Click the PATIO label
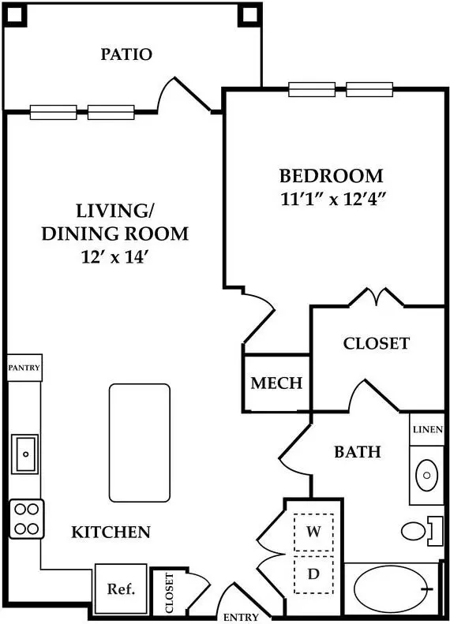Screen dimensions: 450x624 (x=126, y=54)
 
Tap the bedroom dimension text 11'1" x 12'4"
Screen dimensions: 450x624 (x=334, y=199)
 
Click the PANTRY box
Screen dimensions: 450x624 (x=24, y=368)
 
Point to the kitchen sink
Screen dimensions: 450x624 (x=24, y=454)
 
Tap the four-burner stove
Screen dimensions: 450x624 (x=26, y=519)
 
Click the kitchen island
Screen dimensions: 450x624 (x=140, y=443)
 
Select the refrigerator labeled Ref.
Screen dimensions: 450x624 (x=121, y=589)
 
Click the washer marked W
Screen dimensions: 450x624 (x=313, y=532)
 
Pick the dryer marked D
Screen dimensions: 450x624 (x=313, y=574)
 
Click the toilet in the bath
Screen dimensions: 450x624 (x=422, y=531)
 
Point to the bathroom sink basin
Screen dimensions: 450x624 (x=426, y=475)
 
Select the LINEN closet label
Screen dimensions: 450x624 (x=428, y=429)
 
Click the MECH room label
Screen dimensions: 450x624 (x=277, y=383)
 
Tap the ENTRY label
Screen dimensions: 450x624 (x=241, y=617)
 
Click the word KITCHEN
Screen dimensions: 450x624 (x=111, y=532)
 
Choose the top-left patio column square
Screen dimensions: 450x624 (x=16, y=15)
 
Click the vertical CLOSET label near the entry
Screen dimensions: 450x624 (x=169, y=593)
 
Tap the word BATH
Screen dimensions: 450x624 (x=357, y=452)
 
